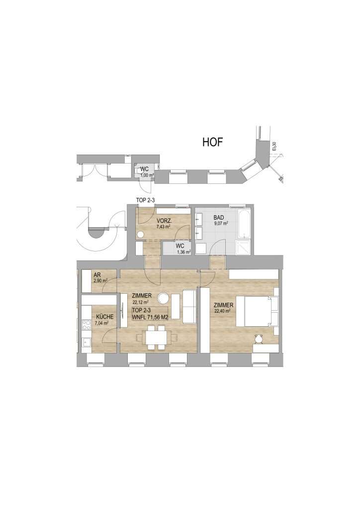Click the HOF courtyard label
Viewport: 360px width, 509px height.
[x=213, y=142]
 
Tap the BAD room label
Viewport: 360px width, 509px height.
[x=219, y=218]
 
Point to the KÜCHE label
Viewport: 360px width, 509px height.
[x=105, y=317]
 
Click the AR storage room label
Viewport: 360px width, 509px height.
[x=96, y=274]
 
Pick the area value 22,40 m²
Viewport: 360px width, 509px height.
[x=222, y=311]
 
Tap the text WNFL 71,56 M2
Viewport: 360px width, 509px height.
[x=150, y=317]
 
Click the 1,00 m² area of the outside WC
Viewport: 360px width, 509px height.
[x=147, y=175]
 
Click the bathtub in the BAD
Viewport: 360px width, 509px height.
[x=244, y=224]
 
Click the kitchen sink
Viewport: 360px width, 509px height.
[x=87, y=342]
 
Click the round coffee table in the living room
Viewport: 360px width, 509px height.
[x=162, y=298]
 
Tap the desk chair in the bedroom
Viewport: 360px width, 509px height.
[x=259, y=339]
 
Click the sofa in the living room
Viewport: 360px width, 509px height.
[x=189, y=306]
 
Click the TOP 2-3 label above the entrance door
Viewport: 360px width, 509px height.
[x=145, y=200]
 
